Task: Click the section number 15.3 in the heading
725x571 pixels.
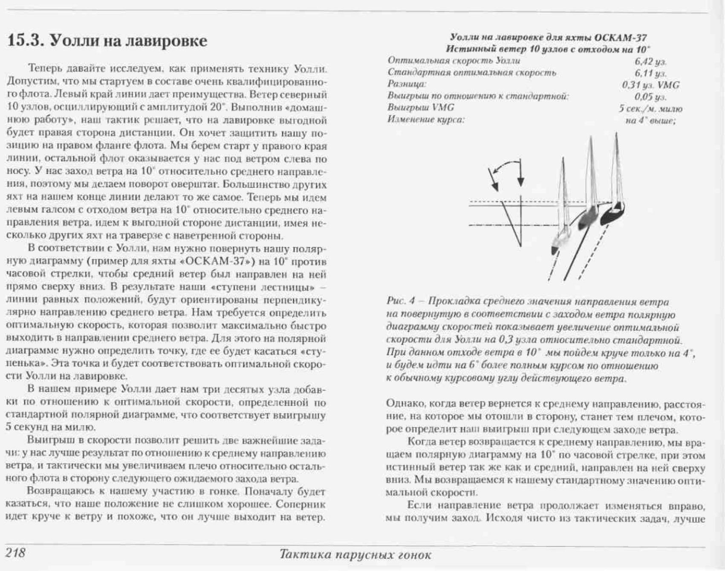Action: tap(26, 41)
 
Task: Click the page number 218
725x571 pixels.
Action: tap(16, 553)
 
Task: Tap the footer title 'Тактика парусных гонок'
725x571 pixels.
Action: tap(355, 555)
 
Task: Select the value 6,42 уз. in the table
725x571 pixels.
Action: tap(650, 62)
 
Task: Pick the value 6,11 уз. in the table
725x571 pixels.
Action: tap(650, 73)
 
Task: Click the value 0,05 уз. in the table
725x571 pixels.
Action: tap(650, 97)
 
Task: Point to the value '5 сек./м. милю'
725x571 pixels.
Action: tap(650, 108)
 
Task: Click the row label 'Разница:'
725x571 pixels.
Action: tap(407, 84)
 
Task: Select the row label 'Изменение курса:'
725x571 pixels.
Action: tap(425, 119)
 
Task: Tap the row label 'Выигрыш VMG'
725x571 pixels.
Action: tap(420, 108)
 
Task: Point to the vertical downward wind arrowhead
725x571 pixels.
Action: tap(520, 181)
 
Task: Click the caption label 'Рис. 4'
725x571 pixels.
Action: tap(400, 302)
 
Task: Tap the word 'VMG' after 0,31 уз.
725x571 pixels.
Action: tap(668, 85)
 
